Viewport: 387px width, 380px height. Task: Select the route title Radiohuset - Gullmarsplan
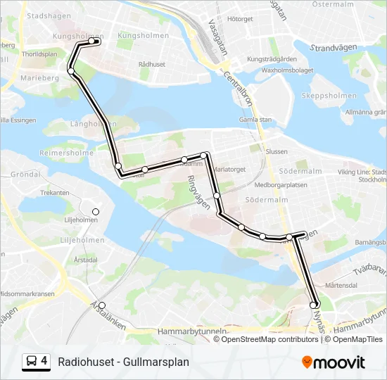click(124, 362)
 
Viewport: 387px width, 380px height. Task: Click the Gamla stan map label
click(255, 120)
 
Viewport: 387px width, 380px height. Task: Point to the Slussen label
click(277, 151)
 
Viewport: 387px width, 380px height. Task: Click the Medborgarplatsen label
click(281, 186)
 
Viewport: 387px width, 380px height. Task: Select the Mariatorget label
click(229, 170)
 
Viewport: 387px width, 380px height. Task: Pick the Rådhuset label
click(152, 63)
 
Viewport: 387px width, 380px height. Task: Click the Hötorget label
click(240, 19)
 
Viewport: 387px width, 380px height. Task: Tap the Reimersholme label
click(66, 153)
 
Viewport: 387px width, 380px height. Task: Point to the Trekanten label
click(54, 192)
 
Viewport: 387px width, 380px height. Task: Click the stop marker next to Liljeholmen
click(96, 212)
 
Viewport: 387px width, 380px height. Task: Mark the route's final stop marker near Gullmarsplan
click(314, 305)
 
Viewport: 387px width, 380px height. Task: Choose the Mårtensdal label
click(343, 285)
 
